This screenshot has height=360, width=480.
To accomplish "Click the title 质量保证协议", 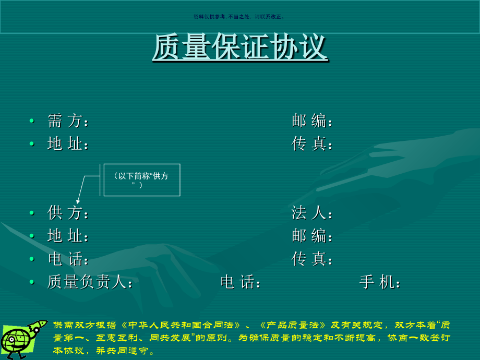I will [239, 48].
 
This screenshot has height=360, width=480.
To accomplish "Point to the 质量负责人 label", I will [89, 282].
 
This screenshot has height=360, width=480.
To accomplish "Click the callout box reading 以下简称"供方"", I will [142, 180].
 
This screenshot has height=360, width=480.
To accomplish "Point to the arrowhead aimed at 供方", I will [78, 200].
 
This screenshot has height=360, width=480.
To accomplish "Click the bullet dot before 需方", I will [32, 121].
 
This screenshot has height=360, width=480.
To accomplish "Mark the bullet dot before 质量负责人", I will [32, 282].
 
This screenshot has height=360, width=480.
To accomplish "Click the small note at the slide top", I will [239, 17].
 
